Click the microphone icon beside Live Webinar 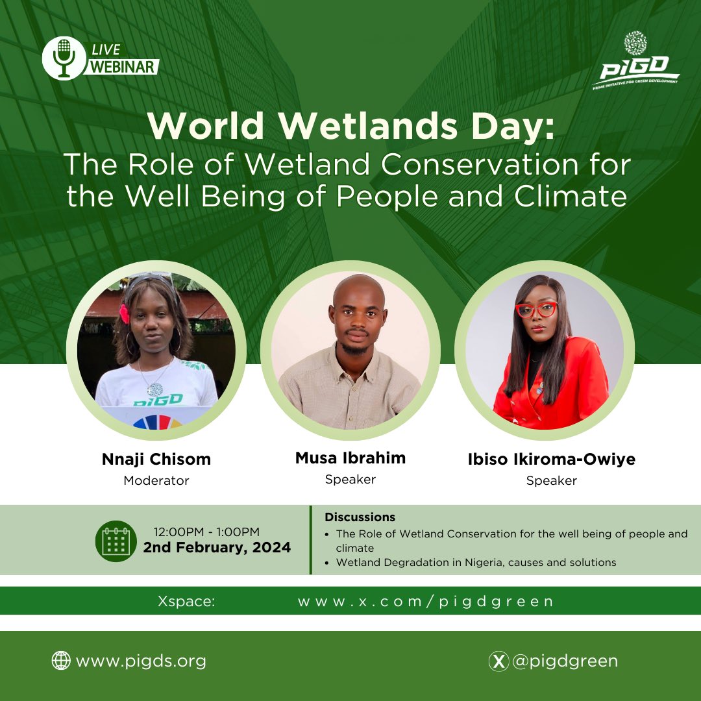point(64,58)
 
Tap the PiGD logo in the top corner point(635,62)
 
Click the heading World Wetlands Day point(351,127)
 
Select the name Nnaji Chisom point(156,460)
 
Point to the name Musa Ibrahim point(350,458)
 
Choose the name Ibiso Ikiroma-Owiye point(552,460)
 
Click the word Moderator point(156,481)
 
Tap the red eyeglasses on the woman point(536,310)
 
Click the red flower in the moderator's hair point(124,313)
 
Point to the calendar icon point(116,541)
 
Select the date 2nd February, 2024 point(217,548)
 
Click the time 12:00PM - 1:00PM point(207,532)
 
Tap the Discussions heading point(360,517)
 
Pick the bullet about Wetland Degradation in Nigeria point(476,562)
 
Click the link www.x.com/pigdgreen point(426,601)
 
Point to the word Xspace point(186,601)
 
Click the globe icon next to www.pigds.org point(60,661)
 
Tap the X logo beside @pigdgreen point(498,661)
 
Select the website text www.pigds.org point(141,661)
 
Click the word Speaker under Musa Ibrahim point(350,479)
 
